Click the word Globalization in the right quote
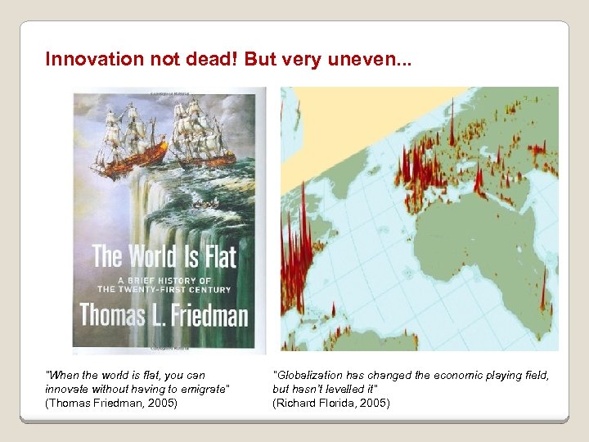(x=308, y=375)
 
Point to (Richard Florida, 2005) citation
(x=331, y=403)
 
